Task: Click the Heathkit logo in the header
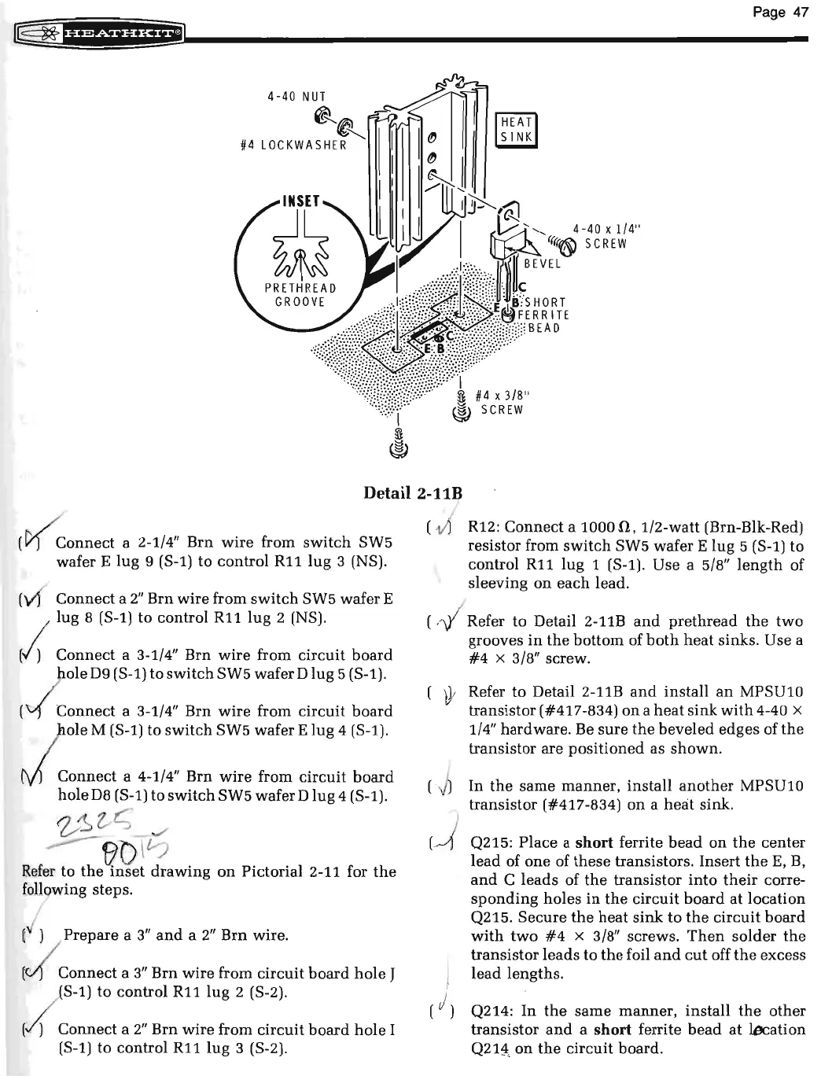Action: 104,34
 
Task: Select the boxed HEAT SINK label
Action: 519,129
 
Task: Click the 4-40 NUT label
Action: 296,98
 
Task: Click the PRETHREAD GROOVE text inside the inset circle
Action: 300,293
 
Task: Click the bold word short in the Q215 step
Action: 594,842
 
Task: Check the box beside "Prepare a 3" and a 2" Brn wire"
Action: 30,937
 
